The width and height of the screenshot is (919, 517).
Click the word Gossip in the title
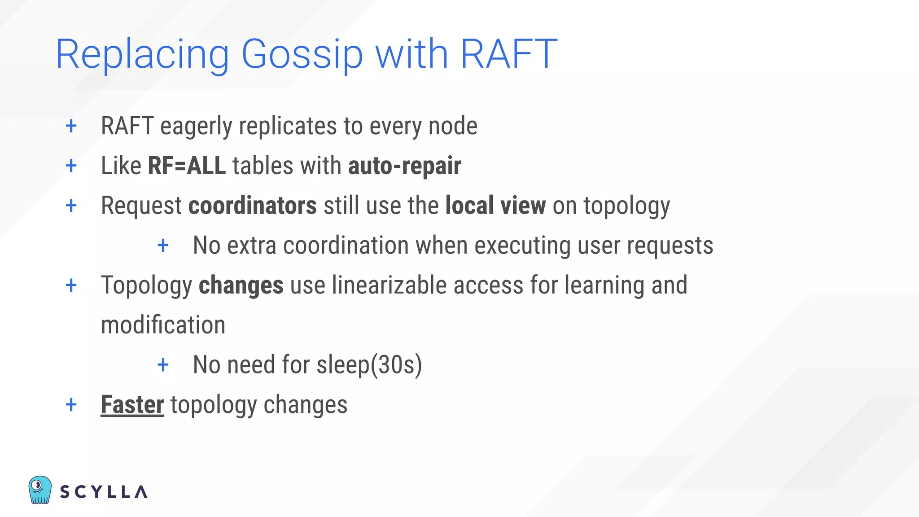point(302,54)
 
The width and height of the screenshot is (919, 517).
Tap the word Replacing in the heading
point(142,54)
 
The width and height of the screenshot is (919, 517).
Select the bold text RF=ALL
point(187,166)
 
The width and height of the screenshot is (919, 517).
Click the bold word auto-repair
point(404,166)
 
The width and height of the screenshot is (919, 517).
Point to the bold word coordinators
point(253,206)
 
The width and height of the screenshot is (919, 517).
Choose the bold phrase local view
point(495,206)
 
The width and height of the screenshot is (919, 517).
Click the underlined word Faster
point(132,405)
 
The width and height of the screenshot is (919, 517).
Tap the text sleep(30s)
point(369,364)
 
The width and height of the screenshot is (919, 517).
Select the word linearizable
point(389,285)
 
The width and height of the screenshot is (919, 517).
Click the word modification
point(163,325)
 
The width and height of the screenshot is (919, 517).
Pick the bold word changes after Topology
point(241,285)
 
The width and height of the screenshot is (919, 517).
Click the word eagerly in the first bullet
point(196,126)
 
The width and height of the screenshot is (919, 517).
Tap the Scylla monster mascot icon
point(39,490)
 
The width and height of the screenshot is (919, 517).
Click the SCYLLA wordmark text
point(104,492)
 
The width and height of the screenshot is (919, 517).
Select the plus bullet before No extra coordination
point(163,245)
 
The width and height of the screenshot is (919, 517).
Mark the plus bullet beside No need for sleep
point(163,365)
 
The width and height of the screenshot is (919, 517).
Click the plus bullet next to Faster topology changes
point(71,405)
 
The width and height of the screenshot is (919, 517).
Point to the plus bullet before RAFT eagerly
point(71,126)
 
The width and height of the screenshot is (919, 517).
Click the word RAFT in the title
point(508,54)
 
